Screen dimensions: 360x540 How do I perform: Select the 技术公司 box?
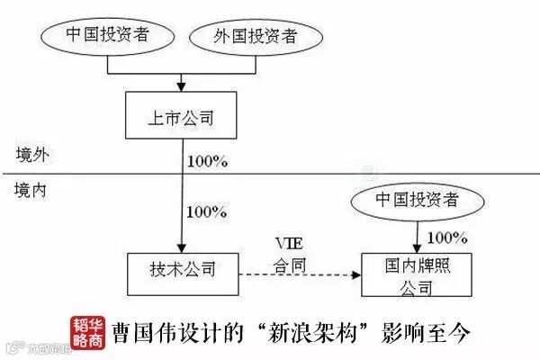[x=183, y=267]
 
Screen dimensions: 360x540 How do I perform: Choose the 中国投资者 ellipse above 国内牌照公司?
[x=416, y=200]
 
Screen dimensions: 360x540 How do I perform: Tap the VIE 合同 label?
[x=290, y=254]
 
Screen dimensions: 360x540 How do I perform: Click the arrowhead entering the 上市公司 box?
[x=181, y=88]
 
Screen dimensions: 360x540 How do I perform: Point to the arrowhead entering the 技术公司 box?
[x=181, y=247]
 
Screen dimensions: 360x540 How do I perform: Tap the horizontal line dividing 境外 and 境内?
[x=270, y=174]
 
